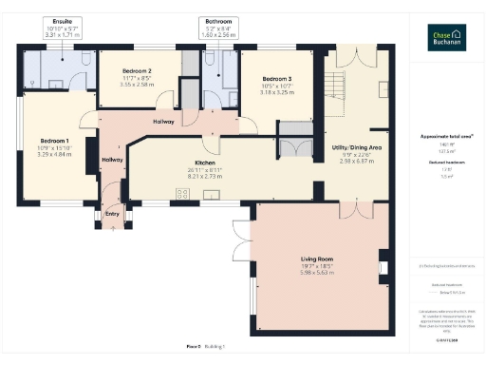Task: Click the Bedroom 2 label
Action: coord(138,70)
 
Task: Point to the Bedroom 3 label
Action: coord(276,79)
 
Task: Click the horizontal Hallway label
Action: coord(167,121)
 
